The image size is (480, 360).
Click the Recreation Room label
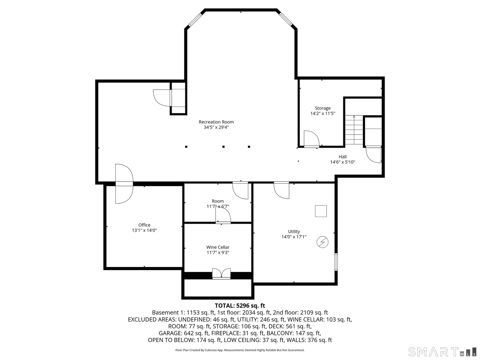216,122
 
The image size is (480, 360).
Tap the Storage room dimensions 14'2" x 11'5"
323,113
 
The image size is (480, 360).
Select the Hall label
343,157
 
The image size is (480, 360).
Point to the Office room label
144,225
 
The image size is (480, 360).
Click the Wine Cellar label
218,247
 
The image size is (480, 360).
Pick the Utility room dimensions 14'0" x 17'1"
294,237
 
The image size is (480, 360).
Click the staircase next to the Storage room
354,130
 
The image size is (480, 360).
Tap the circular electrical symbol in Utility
322,242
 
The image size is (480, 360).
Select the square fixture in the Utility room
321,211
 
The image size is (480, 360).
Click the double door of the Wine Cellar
221,274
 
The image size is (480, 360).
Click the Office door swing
124,184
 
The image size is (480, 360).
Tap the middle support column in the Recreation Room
224,147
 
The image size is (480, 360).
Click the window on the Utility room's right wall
336,262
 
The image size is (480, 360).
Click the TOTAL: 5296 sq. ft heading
240,305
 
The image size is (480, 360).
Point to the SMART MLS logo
442,352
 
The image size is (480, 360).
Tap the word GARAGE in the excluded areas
170,333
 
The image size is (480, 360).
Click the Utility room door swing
281,190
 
